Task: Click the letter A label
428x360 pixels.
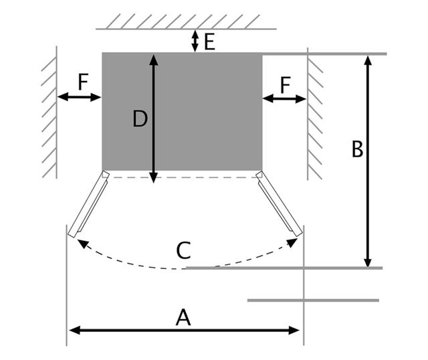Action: [183, 317]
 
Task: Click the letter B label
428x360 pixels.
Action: [357, 150]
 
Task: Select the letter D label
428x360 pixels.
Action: [140, 119]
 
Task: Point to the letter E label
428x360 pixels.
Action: [209, 43]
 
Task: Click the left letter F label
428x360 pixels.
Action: [82, 82]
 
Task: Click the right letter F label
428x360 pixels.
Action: [285, 84]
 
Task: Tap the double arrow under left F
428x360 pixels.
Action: [79, 98]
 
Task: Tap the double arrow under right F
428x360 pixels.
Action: [284, 99]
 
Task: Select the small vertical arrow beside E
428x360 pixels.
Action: [195, 41]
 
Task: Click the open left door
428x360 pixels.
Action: [88, 203]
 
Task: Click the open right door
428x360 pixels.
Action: [278, 203]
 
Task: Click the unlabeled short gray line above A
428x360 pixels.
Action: [312, 300]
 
